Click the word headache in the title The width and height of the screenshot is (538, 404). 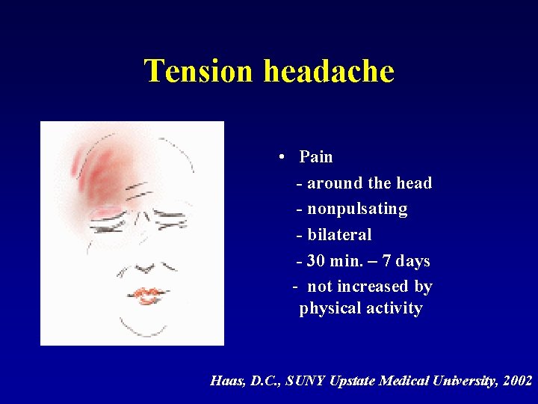pos(329,71)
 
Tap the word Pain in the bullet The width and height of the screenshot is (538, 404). pos(316,157)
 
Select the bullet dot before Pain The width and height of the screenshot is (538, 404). pos(278,157)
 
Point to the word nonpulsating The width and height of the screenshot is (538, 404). pos(357,209)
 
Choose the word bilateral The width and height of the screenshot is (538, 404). pos(339,235)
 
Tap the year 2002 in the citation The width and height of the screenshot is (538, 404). pos(518,381)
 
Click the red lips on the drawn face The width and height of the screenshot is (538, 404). pos(147,296)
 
